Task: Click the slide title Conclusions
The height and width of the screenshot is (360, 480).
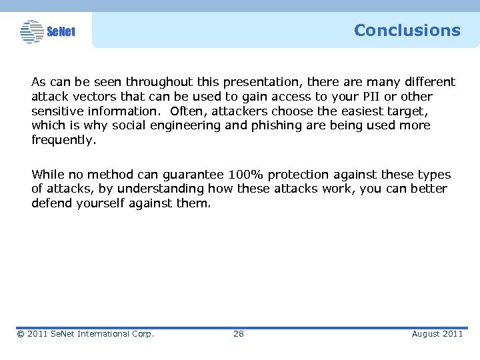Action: pyautogui.click(x=407, y=31)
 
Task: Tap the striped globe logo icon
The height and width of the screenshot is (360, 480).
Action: pyautogui.click(x=31, y=31)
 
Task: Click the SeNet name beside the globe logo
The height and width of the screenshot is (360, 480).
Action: pyautogui.click(x=61, y=32)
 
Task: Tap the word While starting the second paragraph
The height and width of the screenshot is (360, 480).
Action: pyautogui.click(x=47, y=175)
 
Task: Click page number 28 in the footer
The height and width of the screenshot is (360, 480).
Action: pyautogui.click(x=238, y=333)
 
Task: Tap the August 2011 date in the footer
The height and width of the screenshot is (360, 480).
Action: pyautogui.click(x=437, y=333)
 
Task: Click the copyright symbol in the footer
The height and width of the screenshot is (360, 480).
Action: pyautogui.click(x=21, y=334)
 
